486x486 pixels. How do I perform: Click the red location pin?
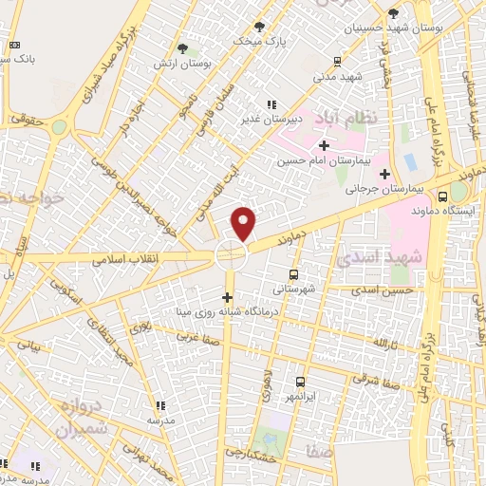(245, 222)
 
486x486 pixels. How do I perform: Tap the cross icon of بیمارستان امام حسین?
(324, 145)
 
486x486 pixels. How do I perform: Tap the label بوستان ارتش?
(181, 63)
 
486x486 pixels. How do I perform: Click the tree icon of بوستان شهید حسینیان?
(393, 14)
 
